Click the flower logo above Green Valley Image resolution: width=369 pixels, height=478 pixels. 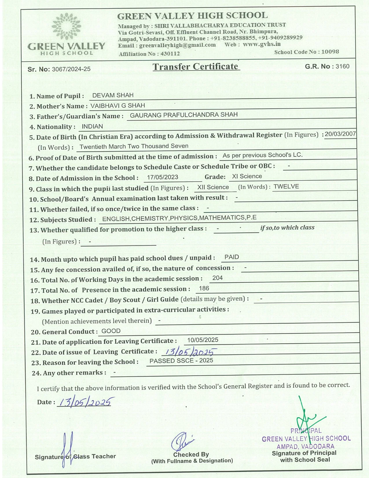point(66,26)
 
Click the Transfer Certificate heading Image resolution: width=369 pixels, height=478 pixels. point(196,67)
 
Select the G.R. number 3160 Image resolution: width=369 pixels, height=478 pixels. point(342,66)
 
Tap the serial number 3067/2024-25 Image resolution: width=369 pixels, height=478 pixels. point(71,69)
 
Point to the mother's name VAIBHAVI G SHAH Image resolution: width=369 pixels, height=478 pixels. point(118,105)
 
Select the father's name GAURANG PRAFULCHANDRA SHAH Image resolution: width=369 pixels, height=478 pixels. point(183,115)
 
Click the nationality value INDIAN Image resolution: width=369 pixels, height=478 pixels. point(92,126)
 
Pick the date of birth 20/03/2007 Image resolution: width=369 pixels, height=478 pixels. point(340,134)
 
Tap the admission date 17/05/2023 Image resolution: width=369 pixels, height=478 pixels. point(162,177)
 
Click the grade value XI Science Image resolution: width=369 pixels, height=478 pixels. point(247,176)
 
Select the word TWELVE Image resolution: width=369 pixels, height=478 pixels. point(286,186)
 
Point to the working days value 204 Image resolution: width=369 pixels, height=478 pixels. point(217,278)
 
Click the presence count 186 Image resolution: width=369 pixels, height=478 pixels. point(204,288)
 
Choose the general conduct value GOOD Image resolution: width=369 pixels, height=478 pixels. point(111,331)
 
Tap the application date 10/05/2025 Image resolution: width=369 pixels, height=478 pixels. point(203,340)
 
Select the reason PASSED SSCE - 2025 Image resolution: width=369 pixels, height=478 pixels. point(181,361)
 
